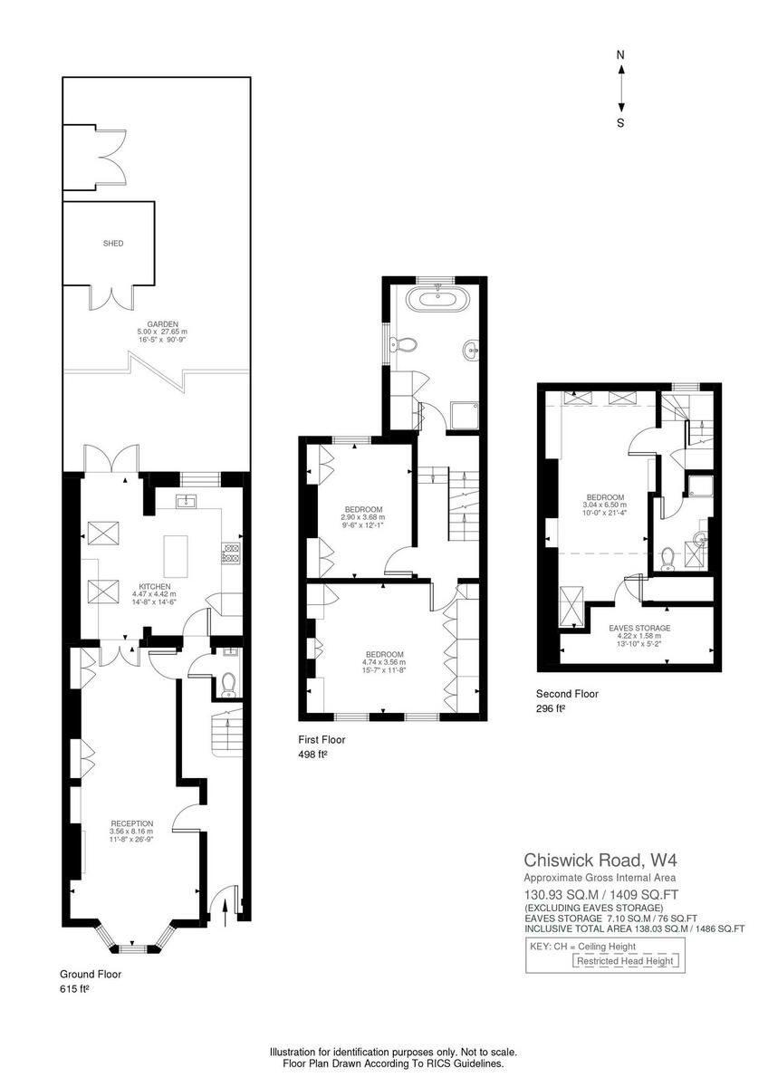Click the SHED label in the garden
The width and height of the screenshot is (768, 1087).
112,244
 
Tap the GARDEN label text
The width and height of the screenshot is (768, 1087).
163,323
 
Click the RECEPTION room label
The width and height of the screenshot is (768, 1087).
132,823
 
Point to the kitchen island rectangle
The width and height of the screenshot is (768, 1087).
175,555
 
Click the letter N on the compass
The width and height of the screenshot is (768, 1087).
620,55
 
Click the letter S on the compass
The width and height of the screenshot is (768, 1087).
620,123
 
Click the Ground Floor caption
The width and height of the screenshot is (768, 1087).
91,975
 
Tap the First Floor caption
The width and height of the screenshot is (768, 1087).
322,739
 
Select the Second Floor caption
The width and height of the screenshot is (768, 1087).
567,694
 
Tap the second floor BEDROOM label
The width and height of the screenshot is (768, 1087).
605,497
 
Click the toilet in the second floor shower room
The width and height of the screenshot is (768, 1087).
667,560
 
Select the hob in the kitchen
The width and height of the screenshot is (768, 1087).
231,553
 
